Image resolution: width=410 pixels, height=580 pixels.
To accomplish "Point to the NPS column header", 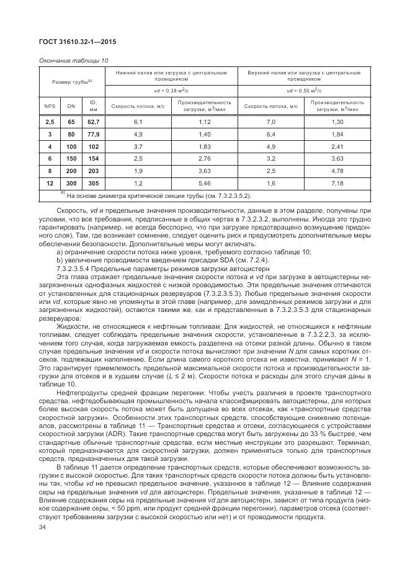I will pyautogui.click(x=48, y=105).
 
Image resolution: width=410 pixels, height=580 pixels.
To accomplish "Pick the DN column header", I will pyautogui.click(x=71, y=105).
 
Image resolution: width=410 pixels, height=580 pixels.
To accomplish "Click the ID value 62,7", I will pyautogui.click(x=94, y=123).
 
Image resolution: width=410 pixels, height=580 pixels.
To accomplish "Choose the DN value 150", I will pyautogui.click(x=71, y=159).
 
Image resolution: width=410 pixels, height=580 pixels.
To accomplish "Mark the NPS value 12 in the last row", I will pyautogui.click(x=48, y=184).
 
